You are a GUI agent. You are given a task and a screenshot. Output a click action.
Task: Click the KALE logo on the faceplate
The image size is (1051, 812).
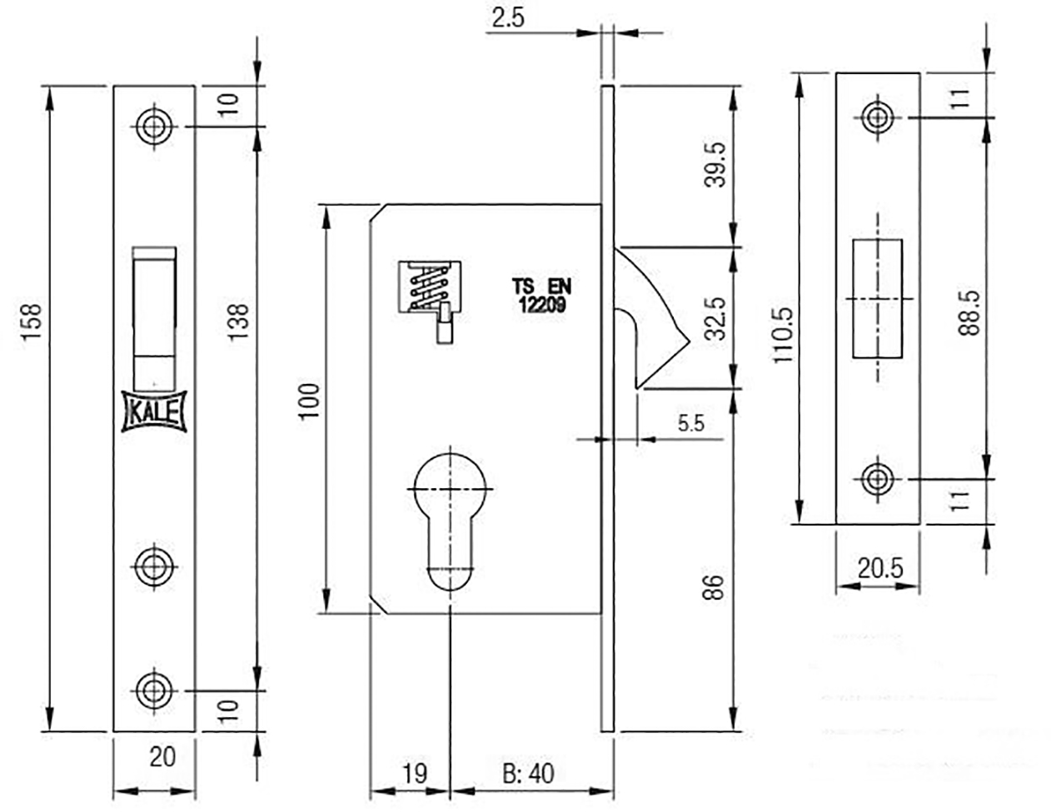(x=154, y=411)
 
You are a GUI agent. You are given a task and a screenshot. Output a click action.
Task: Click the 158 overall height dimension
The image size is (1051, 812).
(x=32, y=321)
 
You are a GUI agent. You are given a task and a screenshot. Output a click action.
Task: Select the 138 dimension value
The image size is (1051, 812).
(x=237, y=321)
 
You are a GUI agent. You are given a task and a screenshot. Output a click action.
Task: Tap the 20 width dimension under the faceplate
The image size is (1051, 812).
(x=162, y=756)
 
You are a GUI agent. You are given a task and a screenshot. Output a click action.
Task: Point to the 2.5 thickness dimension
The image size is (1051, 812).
(x=508, y=18)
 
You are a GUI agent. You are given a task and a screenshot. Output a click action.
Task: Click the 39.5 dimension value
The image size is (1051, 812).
(x=715, y=164)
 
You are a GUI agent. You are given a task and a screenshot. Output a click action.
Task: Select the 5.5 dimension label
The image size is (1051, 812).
(x=690, y=424)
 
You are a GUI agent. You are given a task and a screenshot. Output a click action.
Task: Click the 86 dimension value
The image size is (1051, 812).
(x=713, y=587)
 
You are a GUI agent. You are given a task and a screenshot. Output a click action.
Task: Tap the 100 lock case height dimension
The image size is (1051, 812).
(x=310, y=402)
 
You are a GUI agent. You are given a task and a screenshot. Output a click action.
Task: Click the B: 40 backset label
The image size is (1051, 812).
(x=528, y=774)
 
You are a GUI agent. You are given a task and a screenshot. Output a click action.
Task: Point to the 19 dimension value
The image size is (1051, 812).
(x=415, y=774)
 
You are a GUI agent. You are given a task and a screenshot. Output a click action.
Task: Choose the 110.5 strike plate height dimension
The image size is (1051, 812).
(x=783, y=335)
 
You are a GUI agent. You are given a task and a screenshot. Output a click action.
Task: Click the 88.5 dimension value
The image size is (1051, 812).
(x=969, y=313)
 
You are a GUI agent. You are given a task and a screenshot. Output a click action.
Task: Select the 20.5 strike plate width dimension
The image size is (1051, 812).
(x=880, y=568)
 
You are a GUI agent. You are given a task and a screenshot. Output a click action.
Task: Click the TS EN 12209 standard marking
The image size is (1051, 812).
(x=541, y=296)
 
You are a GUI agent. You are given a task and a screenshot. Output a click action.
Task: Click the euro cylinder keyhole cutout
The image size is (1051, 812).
(x=450, y=521)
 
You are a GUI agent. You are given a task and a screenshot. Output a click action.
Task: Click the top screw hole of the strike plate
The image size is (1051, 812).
(x=878, y=117)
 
